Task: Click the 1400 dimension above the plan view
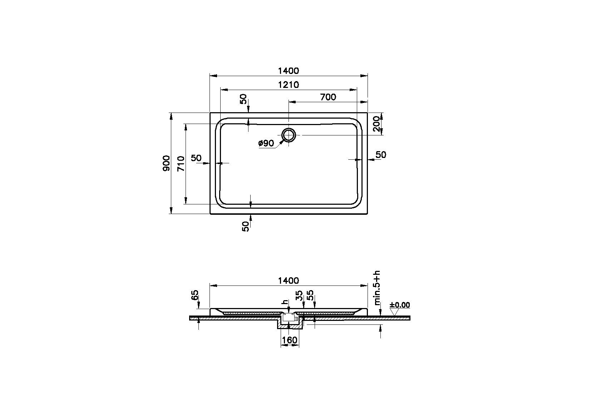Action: pos(288,71)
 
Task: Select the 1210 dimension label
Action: pos(288,85)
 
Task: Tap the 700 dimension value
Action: pos(328,97)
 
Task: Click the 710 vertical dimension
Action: pos(181,163)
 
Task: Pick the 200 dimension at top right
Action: pos(376,124)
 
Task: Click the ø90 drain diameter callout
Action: pos(266,143)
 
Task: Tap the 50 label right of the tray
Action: pos(381,155)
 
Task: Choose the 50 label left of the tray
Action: pos(196,158)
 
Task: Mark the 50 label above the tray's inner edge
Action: pos(243,99)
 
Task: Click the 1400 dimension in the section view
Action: pos(288,281)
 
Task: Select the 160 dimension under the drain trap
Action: pos(289,340)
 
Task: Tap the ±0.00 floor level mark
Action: pos(400,305)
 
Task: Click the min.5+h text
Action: pos(377,288)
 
